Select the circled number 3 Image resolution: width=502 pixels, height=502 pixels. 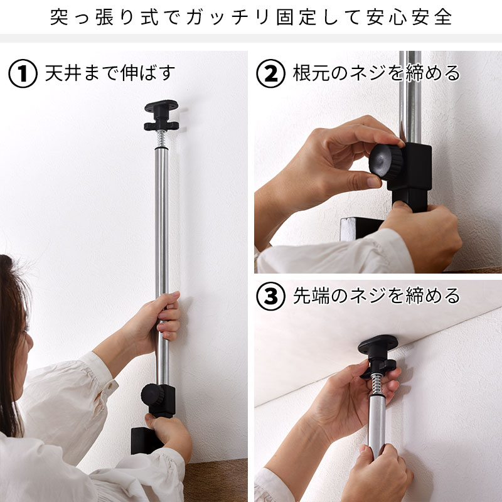[271, 296]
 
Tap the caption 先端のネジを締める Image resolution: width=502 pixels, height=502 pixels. [376, 296]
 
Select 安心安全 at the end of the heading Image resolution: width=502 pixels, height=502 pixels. [408, 17]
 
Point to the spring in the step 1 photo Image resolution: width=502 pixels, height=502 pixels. [161, 139]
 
